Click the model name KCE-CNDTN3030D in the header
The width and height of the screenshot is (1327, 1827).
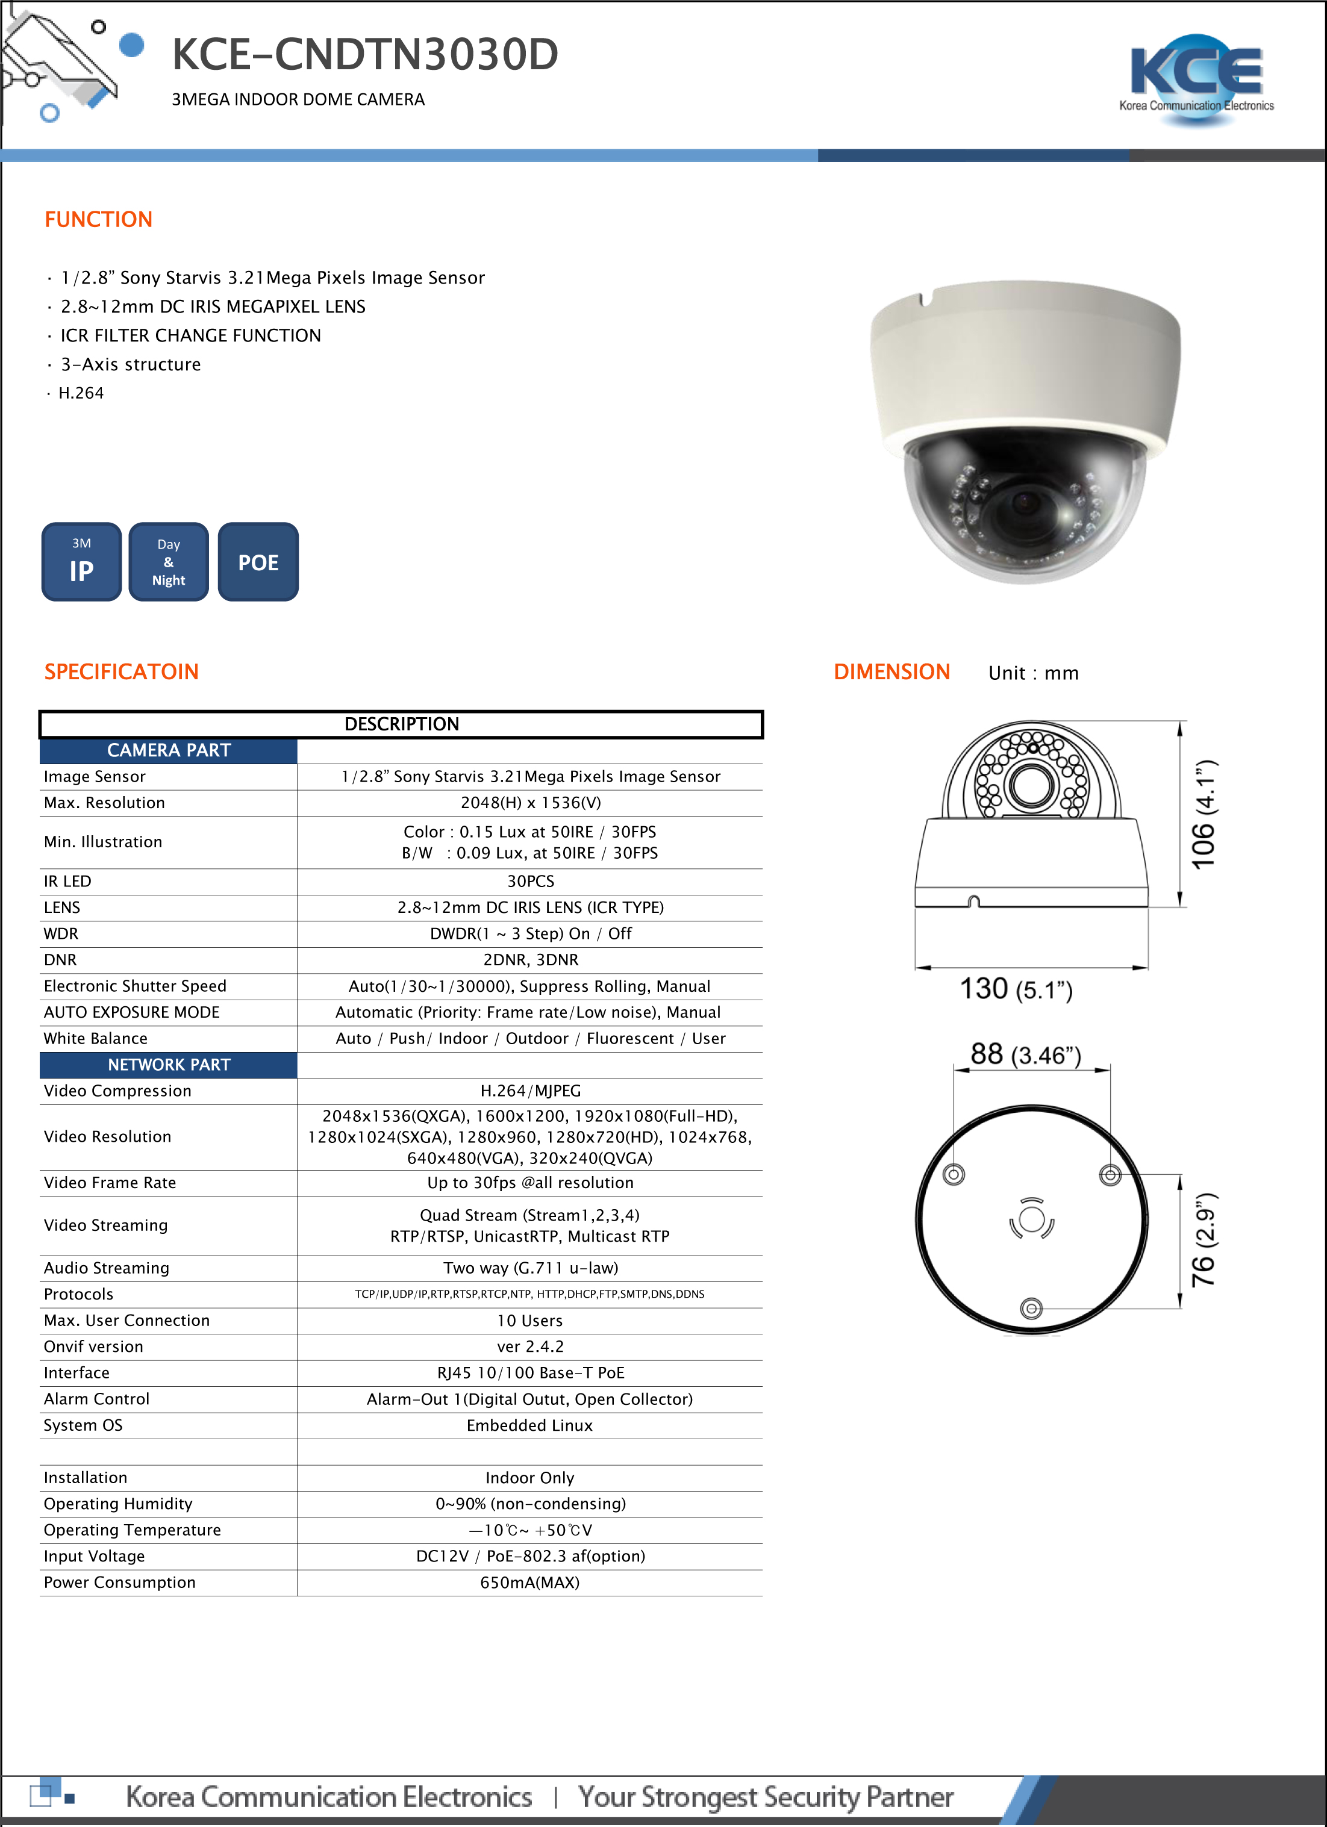[x=364, y=55]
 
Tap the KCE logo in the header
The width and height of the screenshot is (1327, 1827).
[x=1196, y=79]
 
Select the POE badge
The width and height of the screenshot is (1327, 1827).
[x=258, y=562]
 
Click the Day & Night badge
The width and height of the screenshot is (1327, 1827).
[x=169, y=562]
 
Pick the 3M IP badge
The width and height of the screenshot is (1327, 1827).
[x=81, y=562]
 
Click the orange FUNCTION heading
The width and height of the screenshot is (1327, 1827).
[x=98, y=219]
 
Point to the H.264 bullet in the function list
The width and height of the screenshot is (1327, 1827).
[x=81, y=393]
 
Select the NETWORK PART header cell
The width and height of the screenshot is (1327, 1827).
[x=169, y=1064]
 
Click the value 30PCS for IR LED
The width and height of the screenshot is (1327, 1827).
[x=530, y=881]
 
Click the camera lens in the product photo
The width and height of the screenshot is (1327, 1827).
[x=1024, y=504]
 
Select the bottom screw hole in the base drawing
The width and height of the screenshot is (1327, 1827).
[x=1031, y=1308]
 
